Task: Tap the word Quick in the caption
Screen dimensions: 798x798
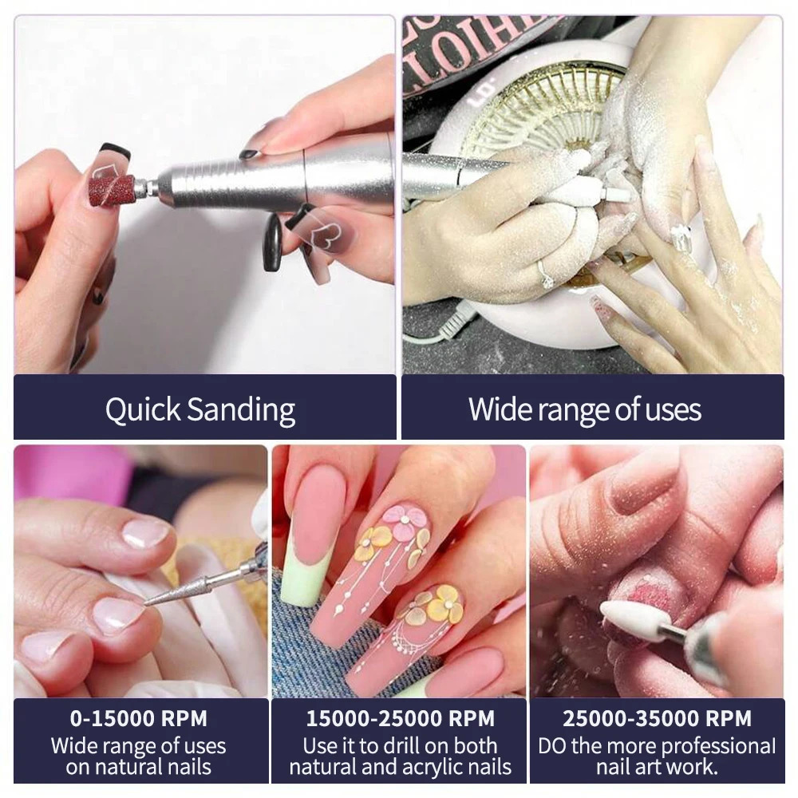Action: pos(142,409)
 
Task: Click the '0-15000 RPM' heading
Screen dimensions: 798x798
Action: pos(138,718)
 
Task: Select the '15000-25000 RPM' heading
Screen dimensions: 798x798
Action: pos(400,718)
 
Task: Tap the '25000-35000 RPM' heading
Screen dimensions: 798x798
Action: pos(657,718)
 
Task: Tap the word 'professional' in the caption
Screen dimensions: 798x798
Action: pos(705,747)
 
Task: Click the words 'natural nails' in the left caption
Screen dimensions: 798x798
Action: pos(138,768)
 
